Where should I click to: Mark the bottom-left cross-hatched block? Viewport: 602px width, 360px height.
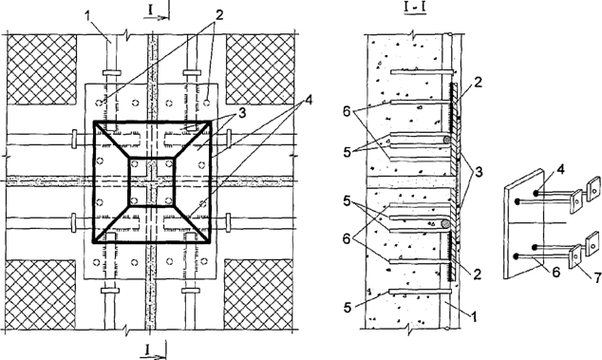42,292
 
